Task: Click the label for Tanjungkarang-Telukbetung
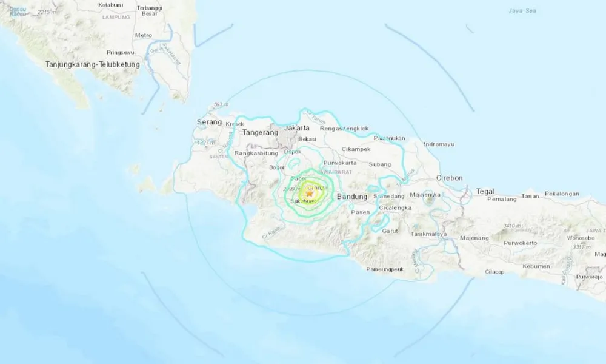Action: tap(93, 64)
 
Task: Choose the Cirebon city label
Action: tap(450, 178)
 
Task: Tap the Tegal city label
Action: tap(485, 190)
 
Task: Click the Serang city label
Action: tap(207, 122)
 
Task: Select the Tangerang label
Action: tap(259, 132)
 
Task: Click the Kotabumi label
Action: tap(110, 5)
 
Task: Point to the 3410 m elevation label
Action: tap(513, 226)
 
